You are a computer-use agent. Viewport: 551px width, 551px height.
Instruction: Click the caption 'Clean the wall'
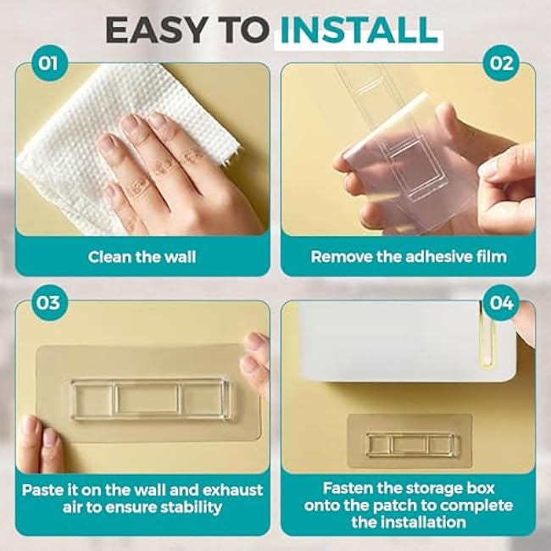point(142,256)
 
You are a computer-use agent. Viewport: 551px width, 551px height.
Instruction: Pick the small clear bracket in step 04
point(409,444)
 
